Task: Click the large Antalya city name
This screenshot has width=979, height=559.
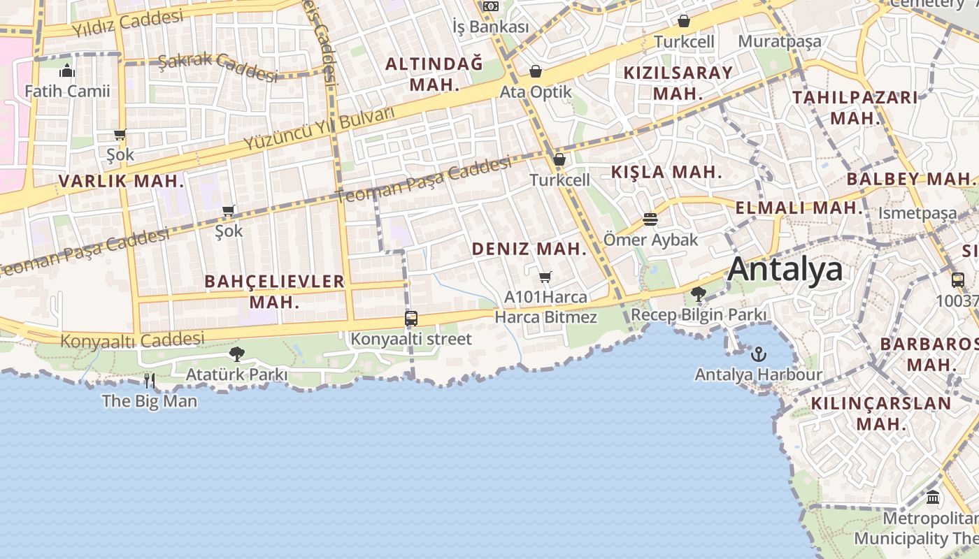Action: (785, 269)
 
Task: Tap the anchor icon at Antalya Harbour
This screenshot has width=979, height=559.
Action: (758, 354)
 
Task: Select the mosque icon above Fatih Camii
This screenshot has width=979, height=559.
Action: (67, 71)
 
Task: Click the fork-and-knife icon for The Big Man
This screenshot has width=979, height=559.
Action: (149, 381)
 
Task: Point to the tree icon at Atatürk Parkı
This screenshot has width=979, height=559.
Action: (236, 354)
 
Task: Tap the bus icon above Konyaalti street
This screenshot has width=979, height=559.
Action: (411, 319)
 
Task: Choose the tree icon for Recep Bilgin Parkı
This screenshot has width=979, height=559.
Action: (697, 293)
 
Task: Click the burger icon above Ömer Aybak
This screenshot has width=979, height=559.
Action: (650, 219)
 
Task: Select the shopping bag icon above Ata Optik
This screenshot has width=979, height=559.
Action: (536, 71)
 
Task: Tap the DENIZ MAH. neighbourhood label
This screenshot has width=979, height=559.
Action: (529, 249)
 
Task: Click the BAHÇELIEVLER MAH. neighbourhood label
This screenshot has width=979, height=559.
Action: (275, 291)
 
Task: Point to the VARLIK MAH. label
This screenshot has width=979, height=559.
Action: (122, 182)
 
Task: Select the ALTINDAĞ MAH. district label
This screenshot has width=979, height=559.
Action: (434, 74)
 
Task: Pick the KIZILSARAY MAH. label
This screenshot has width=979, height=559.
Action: (678, 82)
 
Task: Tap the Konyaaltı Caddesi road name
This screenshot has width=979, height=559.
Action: (132, 340)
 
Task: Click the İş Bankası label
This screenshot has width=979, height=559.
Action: (490, 27)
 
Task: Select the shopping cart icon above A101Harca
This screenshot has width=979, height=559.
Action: (545, 277)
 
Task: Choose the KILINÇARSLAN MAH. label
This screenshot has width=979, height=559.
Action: (881, 413)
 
